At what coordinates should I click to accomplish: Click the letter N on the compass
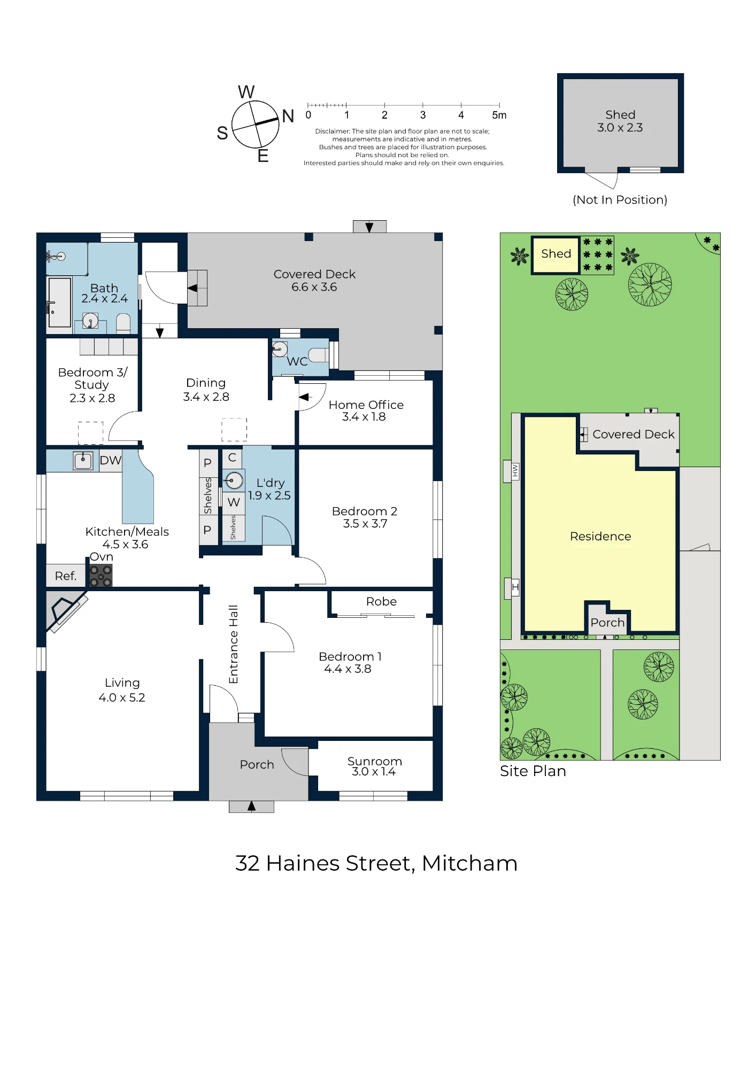288,116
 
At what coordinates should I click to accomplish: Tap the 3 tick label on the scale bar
423,115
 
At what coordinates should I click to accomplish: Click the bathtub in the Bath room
59,302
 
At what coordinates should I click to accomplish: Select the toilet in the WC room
319,354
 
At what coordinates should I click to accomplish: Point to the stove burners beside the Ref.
101,576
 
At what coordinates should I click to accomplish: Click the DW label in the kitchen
111,460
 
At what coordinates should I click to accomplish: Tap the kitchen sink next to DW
83,461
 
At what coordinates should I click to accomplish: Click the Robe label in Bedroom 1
381,601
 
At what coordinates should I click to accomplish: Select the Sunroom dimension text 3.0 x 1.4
374,771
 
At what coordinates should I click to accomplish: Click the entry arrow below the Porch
251,806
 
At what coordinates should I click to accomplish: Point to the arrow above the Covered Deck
369,227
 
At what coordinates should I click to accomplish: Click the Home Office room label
366,405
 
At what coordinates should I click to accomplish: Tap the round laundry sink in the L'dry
233,481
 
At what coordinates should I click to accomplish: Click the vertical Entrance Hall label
233,644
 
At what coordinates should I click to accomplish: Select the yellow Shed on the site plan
556,255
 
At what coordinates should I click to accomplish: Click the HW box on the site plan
515,470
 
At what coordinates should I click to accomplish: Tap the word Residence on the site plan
600,536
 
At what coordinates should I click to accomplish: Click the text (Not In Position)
620,200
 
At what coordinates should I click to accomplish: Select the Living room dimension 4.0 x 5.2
122,698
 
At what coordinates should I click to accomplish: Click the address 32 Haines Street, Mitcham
376,864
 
